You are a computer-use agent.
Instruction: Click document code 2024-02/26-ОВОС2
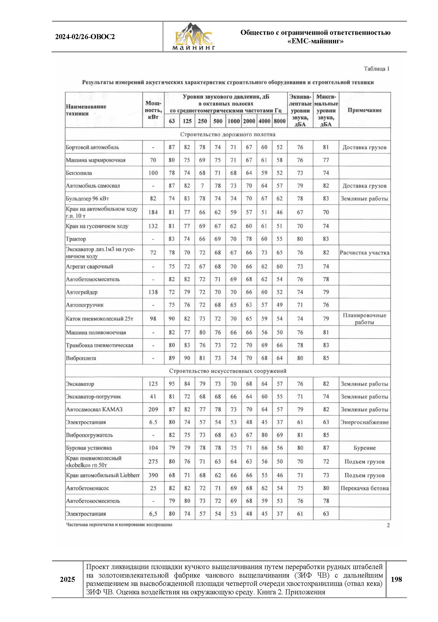pos(85,37)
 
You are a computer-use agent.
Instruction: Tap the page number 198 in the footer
pos(396,579)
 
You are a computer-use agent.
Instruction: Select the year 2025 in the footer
pos(68,579)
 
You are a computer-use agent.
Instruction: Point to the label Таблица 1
pos(377,69)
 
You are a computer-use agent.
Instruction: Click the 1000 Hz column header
pos(233,121)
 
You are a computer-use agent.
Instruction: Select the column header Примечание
pos(364,110)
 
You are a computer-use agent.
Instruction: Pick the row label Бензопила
pos(79,173)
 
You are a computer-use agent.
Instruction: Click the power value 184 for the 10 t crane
pos(153,212)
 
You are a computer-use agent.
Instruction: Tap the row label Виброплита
pos(81,358)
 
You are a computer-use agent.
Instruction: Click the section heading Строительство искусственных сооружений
pos(228,371)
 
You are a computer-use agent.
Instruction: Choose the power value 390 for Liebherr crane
pos(153,475)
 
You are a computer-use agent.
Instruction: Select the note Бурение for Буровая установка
pos(364,448)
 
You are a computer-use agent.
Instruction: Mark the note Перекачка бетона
pos(364,488)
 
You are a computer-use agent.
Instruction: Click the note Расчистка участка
pos(364,252)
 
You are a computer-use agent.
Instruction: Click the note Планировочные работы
pos(364,319)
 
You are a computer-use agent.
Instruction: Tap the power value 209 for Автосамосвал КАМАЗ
pos(153,409)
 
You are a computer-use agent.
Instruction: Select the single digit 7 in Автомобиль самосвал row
pos(202,186)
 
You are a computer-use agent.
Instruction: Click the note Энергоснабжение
pos(364,422)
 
